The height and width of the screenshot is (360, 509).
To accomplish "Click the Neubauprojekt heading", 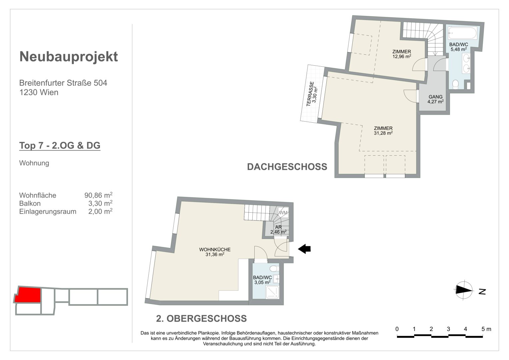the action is pos(69,57).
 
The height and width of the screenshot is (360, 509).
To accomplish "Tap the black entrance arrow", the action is pos(304,249).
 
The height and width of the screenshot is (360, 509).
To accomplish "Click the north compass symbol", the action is pos(464,290).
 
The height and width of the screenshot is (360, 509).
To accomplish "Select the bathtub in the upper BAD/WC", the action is pos(463,33).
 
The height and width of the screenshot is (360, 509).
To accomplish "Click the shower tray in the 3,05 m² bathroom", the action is pos(272,292).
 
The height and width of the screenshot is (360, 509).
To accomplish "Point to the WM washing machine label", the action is pos(283,213).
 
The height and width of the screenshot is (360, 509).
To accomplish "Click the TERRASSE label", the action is pos(310,94).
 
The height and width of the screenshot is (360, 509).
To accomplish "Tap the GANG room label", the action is pos(435,97).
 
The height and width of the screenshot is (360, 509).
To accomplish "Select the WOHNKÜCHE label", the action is pos(215,249).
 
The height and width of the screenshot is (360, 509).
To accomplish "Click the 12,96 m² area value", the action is pos(402,56).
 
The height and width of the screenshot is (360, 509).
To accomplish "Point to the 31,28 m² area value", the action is pos(383,133).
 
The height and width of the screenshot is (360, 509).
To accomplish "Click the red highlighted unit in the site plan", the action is pos(28,295).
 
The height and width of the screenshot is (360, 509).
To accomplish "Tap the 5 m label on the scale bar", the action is pos(486,329).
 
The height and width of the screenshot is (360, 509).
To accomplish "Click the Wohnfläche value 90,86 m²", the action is pos(98,195).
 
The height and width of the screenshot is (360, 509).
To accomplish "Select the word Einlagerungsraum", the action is pos(48,211).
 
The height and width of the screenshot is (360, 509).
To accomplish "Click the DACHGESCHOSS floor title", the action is pos(287,167).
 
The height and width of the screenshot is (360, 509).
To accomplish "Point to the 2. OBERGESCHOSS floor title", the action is pos(201,318).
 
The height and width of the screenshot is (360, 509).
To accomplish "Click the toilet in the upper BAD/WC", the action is pos(455,84).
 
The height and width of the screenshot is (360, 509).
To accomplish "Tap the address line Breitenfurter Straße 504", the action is pos(63,83).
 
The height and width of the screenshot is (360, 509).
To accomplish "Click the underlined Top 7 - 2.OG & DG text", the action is pos(60,145).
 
